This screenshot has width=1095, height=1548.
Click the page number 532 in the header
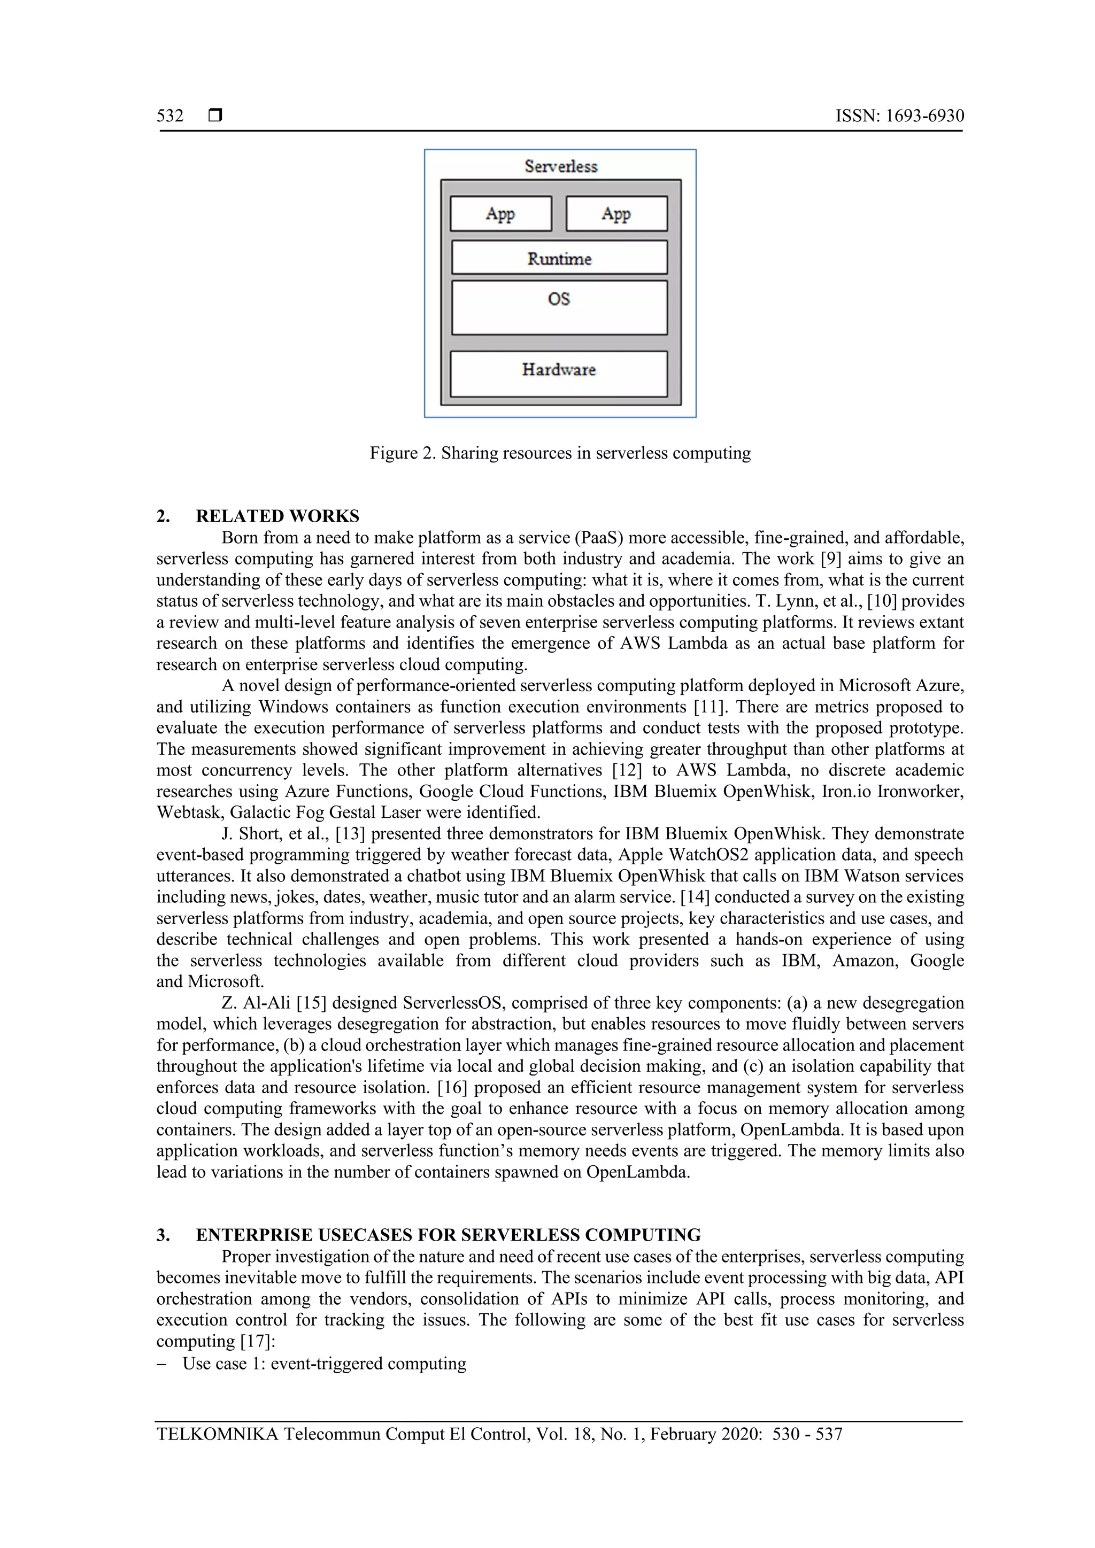tap(170, 116)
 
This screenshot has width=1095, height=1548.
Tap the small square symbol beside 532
tap(215, 116)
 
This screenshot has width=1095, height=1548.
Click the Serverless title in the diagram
tap(560, 167)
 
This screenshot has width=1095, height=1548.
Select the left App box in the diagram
tap(500, 214)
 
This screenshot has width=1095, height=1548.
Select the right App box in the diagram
tap(616, 214)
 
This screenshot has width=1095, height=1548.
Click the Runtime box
tap(559, 258)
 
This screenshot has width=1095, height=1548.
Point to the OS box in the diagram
tap(559, 307)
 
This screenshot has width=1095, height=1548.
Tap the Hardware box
tap(558, 373)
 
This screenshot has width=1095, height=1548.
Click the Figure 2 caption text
tap(560, 453)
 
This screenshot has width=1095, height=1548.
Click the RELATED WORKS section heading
tap(277, 516)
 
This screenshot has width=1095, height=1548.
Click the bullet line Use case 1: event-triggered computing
tap(323, 1363)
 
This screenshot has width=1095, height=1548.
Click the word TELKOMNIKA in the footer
tap(217, 1434)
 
